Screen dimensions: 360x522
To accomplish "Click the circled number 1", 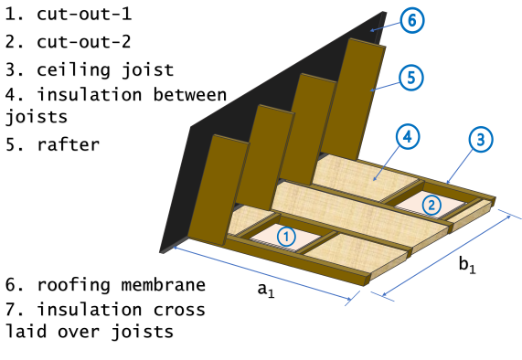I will tap(287, 236).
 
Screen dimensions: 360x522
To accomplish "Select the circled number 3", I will tap(481, 140).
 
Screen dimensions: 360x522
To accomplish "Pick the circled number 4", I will tap(408, 137).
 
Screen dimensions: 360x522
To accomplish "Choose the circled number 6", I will tap(412, 20).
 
